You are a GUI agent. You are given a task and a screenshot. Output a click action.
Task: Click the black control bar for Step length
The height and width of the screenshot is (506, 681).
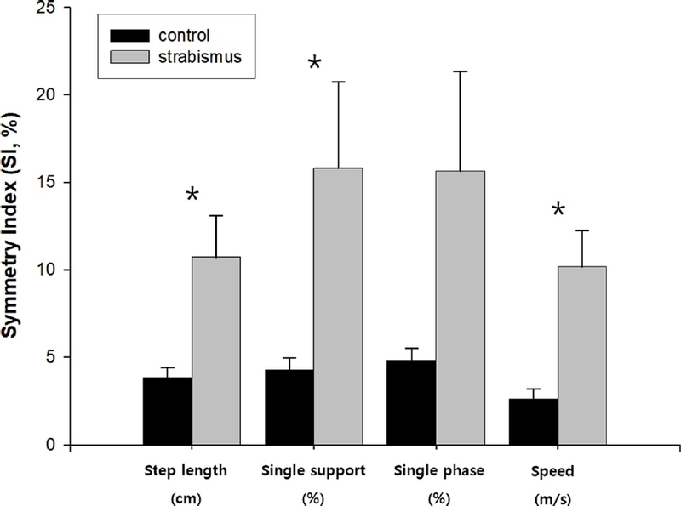point(167,411)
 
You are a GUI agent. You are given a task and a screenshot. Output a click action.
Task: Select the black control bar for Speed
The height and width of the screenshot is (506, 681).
point(533,422)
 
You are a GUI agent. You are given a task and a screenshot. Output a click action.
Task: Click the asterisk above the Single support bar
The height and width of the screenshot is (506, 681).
point(314,64)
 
